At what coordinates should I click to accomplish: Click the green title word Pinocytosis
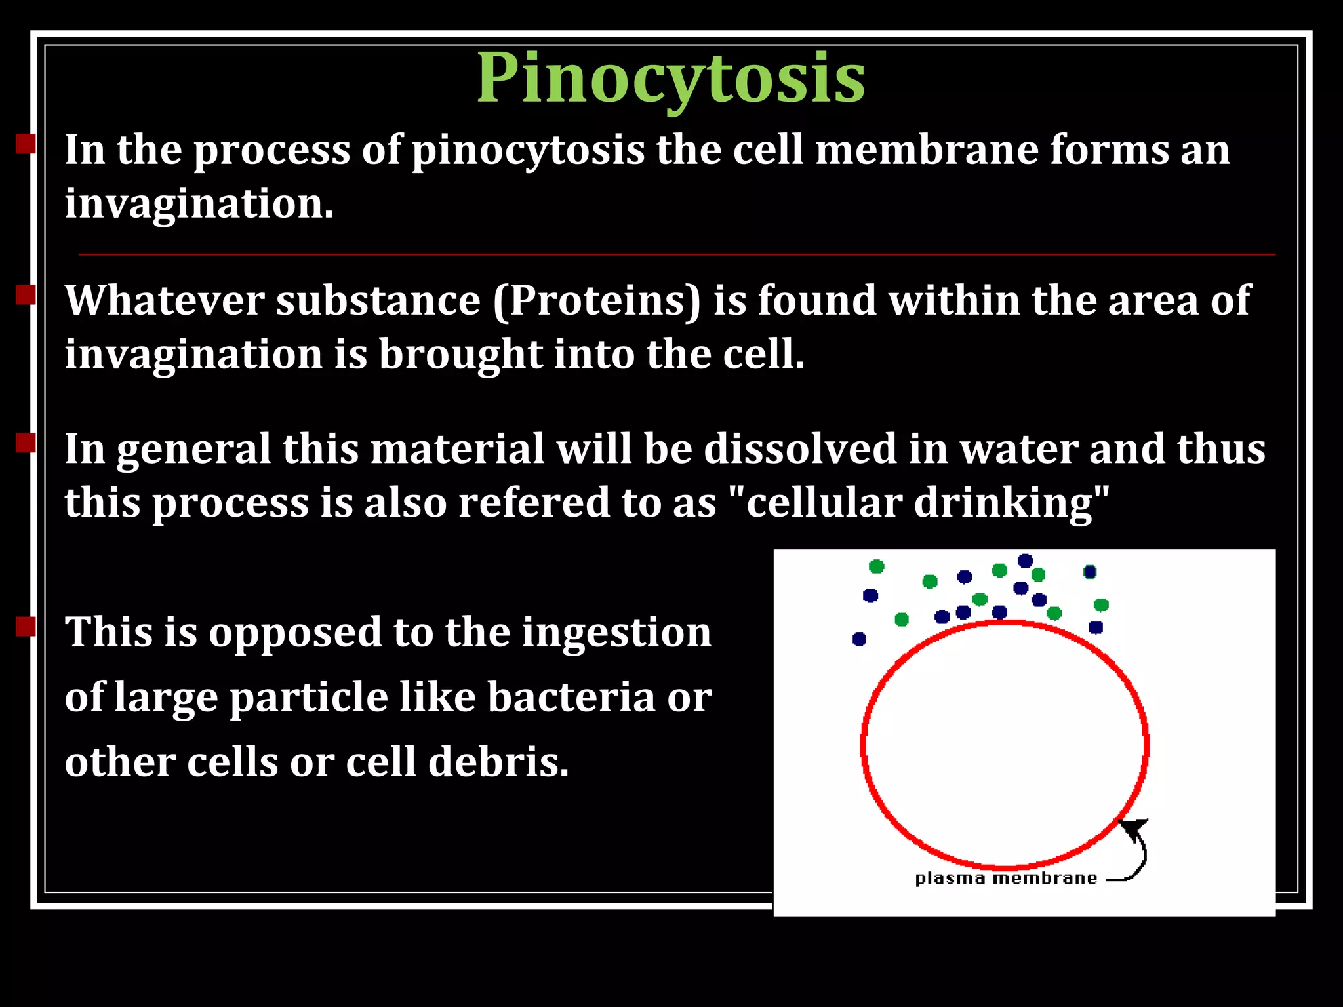click(x=670, y=79)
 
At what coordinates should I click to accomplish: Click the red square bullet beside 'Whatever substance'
click(x=26, y=295)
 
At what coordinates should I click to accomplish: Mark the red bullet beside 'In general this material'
click(x=26, y=443)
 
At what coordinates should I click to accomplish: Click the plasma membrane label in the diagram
click(x=1005, y=879)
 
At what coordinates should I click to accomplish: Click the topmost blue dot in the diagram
click(x=1025, y=561)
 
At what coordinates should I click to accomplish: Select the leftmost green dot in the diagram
click(x=876, y=566)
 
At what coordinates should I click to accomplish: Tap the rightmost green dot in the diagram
click(x=1101, y=604)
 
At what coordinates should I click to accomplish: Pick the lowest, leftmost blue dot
click(x=859, y=639)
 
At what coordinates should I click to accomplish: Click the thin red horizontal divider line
click(x=677, y=254)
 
